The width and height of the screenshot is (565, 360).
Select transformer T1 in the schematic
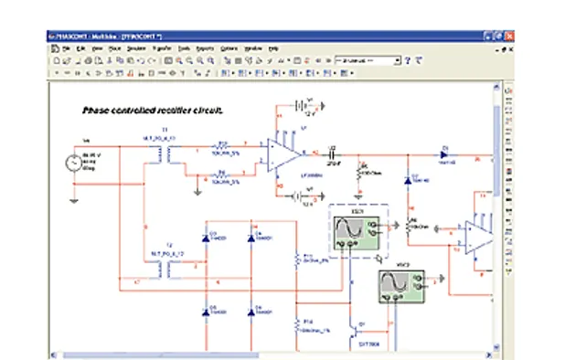[x=165, y=156]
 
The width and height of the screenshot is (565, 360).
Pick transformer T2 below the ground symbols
[x=165, y=269]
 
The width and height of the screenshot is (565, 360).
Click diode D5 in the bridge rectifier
[x=207, y=312]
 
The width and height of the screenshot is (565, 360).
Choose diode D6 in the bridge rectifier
[x=252, y=312]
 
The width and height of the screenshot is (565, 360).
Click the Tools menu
[x=184, y=48]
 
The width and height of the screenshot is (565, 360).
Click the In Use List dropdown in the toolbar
[x=369, y=59]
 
